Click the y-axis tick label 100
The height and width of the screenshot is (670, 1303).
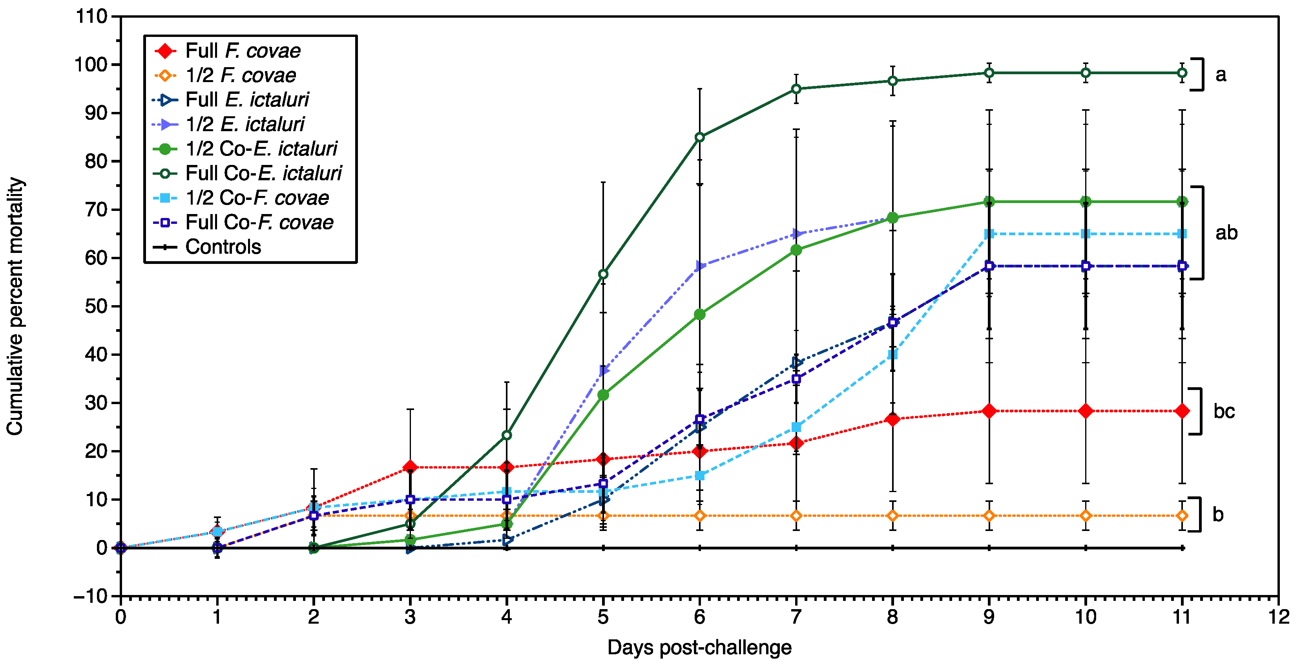91,65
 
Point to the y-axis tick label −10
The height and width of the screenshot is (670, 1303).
91,596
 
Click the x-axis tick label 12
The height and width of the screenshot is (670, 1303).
1278,617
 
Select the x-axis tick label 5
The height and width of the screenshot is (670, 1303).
603,617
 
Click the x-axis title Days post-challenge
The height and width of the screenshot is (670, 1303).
699,648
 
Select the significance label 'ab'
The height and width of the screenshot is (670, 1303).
1226,233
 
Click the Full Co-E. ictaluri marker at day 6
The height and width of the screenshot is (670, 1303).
699,137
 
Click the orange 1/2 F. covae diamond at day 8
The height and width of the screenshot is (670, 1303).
893,516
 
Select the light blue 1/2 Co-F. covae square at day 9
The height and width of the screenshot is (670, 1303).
989,234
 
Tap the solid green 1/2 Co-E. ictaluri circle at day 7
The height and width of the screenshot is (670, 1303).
796,250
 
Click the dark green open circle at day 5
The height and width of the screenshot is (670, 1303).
603,274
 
